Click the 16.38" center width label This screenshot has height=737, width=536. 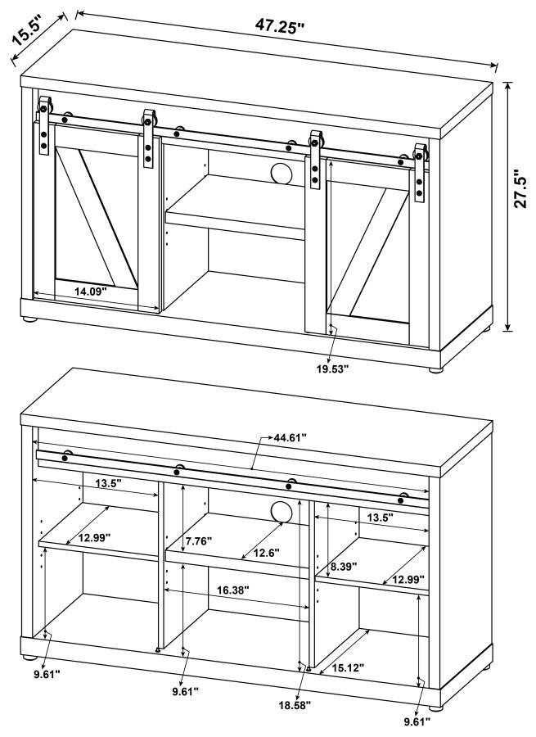pos(233,589)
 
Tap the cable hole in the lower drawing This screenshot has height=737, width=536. pos(281,512)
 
